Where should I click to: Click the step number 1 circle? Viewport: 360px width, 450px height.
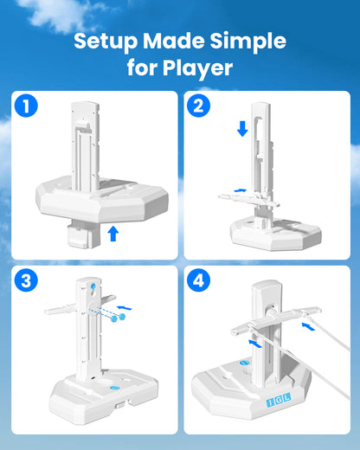click(26, 106)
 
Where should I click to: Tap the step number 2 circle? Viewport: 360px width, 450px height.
click(198, 106)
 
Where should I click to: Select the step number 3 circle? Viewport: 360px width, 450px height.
click(26, 280)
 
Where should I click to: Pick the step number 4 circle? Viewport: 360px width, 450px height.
click(198, 280)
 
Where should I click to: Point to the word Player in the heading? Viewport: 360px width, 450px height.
click(197, 68)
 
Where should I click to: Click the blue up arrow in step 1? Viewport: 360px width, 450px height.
click(113, 234)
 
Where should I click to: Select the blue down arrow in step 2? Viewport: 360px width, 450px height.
click(242, 129)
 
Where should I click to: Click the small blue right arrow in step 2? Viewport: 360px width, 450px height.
click(241, 190)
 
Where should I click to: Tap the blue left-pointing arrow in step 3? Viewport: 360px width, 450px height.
click(124, 307)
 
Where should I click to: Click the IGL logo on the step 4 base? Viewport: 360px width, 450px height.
click(279, 400)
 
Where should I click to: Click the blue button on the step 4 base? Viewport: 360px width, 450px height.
click(244, 363)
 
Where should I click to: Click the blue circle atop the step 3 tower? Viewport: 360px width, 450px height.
click(93, 286)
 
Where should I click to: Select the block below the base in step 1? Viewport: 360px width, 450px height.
click(83, 234)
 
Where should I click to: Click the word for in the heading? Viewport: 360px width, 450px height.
click(143, 68)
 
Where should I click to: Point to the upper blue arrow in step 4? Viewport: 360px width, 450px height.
click(308, 327)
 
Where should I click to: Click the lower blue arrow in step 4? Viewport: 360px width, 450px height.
click(255, 344)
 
